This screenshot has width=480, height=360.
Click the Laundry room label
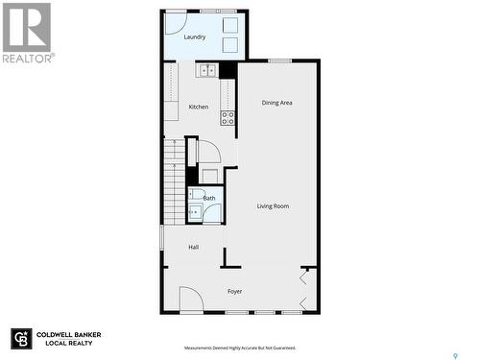195,37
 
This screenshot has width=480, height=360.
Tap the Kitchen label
199,107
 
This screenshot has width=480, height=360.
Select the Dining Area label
277,102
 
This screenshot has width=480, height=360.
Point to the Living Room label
273,206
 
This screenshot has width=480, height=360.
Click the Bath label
208,199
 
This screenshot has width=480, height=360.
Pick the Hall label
193,248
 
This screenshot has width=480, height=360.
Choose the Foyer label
234,291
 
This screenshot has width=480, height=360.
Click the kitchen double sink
207,70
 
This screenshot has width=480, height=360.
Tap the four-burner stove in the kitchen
228,118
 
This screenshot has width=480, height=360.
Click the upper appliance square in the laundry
230,26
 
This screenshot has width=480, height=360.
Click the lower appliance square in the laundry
230,45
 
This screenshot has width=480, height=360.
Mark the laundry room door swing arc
176,24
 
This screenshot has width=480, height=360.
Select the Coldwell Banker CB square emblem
21,339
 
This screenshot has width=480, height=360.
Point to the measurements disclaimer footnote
240,348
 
